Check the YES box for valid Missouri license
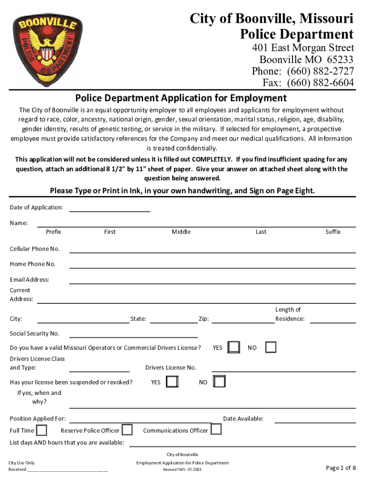coord(233,347)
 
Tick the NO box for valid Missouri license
coord(270,347)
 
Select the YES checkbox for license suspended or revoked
coord(172,382)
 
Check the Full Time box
coord(42,430)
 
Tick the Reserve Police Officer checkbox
coord(127,430)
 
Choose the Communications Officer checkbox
coord(216,430)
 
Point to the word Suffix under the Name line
coord(333,232)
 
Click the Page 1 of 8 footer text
coord(341,468)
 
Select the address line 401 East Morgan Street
coord(303,48)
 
